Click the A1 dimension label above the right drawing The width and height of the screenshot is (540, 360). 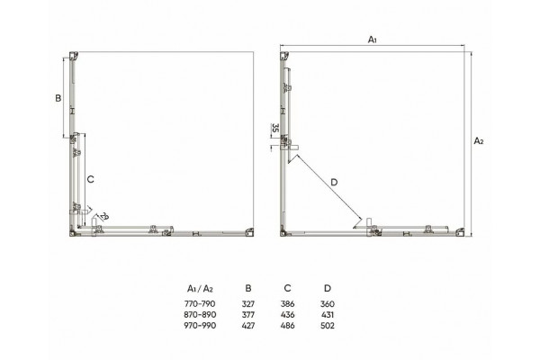[x=373, y=40]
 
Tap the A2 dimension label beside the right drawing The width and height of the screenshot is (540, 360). [x=479, y=140]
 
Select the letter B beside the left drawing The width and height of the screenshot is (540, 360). [x=58, y=98]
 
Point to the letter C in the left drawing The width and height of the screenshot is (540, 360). [x=90, y=179]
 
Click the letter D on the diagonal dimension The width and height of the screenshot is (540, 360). [x=334, y=182]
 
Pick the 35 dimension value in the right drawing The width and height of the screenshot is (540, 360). [x=274, y=128]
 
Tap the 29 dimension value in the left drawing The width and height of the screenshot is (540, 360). [x=104, y=217]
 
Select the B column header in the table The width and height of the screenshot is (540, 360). [x=248, y=288]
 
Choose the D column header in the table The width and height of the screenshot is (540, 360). [x=328, y=288]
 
